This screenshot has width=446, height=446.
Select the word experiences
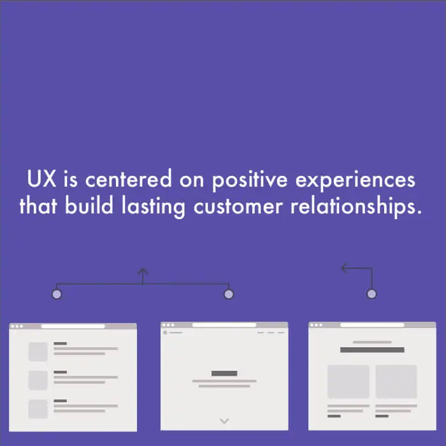point(356,180)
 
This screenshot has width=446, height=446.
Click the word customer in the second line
point(238,206)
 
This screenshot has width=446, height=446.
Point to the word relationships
point(356,206)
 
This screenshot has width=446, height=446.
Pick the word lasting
point(154,207)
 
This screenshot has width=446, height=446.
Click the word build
point(89,205)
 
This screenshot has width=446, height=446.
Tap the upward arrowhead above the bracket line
point(143,271)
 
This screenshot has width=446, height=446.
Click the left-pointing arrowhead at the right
point(345,268)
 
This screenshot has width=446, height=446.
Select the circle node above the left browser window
point(57,294)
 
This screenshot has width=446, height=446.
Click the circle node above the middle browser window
point(229,294)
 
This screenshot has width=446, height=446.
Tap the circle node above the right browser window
point(371,294)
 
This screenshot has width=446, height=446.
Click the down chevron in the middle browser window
point(224,421)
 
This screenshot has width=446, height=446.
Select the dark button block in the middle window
point(224,373)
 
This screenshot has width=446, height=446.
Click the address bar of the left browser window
point(73,326)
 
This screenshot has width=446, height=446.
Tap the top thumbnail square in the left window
point(38,352)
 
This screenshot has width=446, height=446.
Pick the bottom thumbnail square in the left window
point(38,409)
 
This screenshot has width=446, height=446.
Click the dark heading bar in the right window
point(372,350)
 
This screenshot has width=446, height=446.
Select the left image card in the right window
point(349,382)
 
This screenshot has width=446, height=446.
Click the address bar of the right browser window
point(372,325)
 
